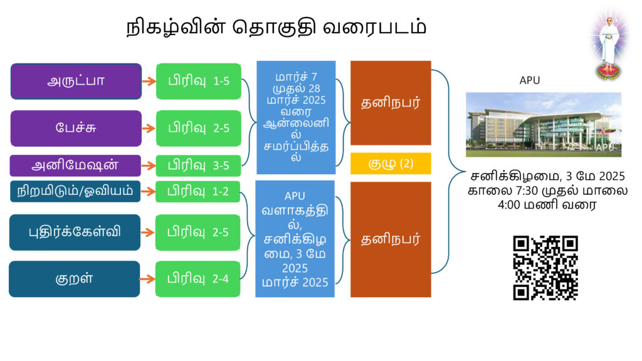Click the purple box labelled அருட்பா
(76, 81)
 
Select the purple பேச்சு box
(76, 128)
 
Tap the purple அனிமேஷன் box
(75, 165)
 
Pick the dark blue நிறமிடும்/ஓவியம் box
(75, 191)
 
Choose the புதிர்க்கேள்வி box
(75, 232)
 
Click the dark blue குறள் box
(75, 279)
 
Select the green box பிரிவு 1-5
(199, 81)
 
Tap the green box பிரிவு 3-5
(198, 165)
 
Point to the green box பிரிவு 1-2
(197, 191)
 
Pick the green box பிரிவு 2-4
(197, 279)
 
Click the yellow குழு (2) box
(391, 164)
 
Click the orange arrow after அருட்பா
(149, 81)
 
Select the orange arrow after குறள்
(147, 279)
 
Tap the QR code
(545, 268)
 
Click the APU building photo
(544, 125)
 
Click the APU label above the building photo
(529, 80)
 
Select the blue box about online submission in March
(296, 117)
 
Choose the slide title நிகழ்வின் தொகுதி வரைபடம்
(276, 28)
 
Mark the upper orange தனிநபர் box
(391, 103)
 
